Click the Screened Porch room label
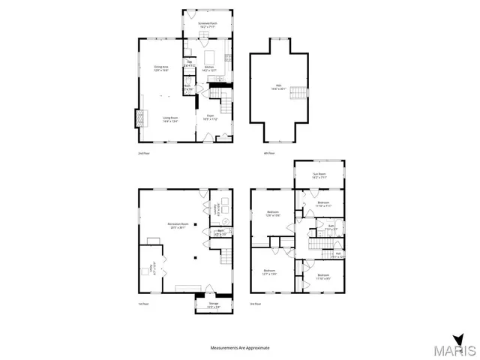pos(208,24)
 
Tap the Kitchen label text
pos(208,68)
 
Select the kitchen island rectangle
pos(209,56)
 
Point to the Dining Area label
pos(160,69)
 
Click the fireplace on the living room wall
pos(136,118)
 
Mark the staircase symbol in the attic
pos(298,91)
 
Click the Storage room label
pos(203,304)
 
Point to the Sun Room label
pos(319,175)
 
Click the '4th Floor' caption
pos(268,153)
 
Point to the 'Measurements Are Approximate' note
pos(239,348)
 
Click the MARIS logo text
pos(459,350)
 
